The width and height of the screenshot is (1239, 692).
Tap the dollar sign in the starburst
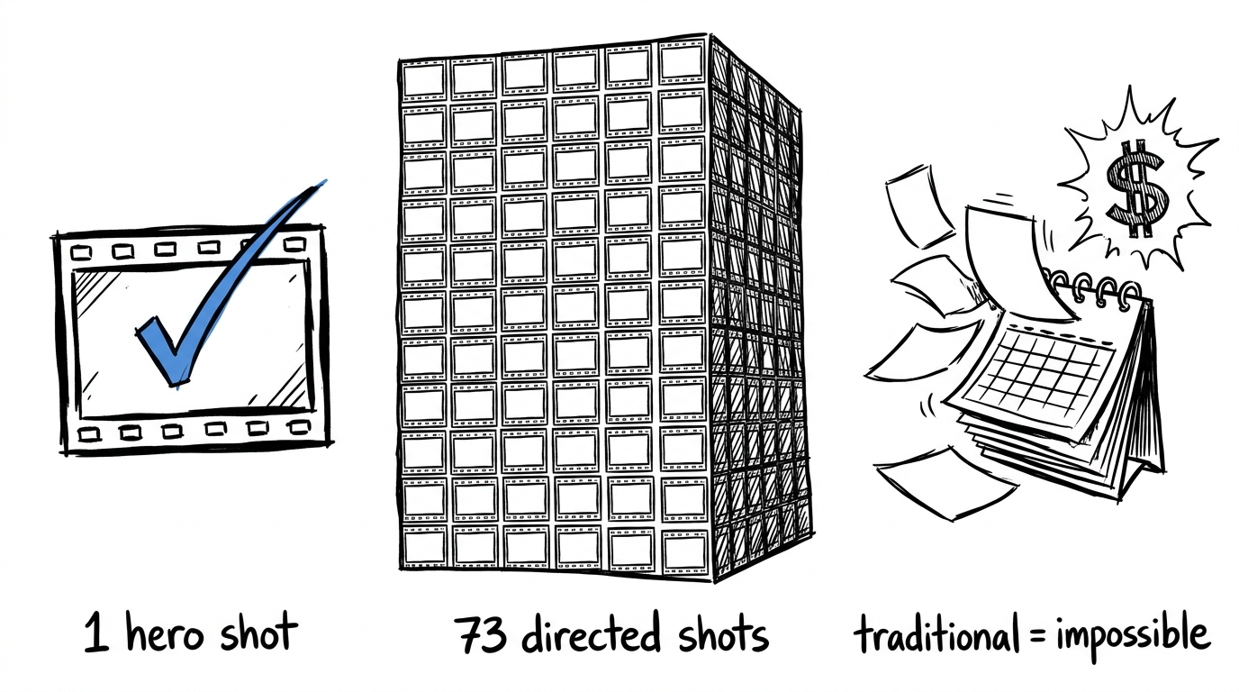coord(1137,188)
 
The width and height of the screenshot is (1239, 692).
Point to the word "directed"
coord(592,634)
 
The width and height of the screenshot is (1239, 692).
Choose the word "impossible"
coord(1134,637)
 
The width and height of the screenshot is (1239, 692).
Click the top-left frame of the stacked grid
coord(424,79)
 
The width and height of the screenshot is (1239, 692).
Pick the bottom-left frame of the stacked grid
coord(425,546)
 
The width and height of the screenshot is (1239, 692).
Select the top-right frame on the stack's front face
coord(682,62)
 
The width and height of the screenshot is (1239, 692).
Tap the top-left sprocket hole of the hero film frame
coord(82,253)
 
